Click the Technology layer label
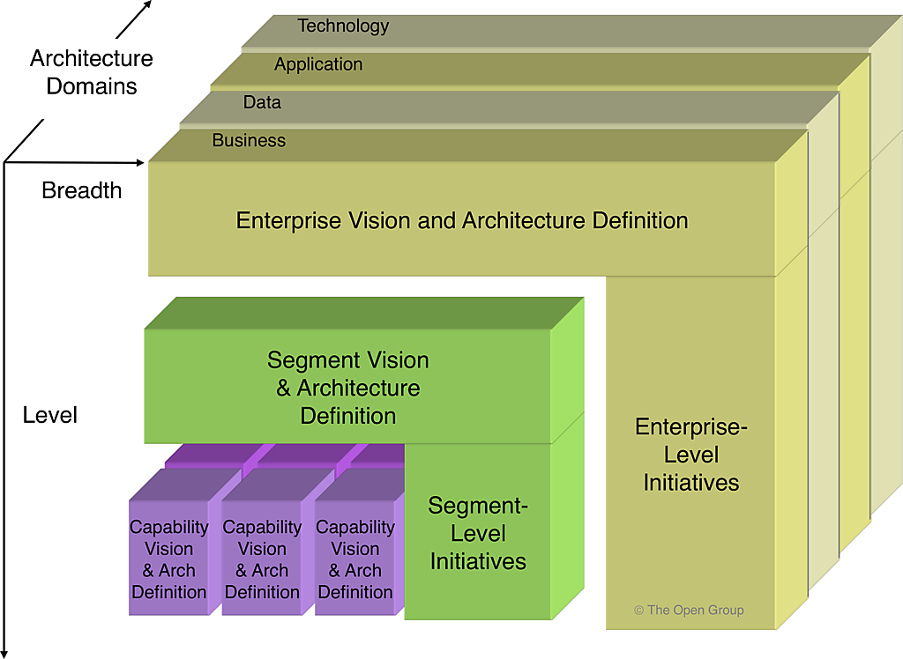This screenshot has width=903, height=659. click(x=343, y=26)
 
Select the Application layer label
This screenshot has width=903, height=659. click(x=318, y=64)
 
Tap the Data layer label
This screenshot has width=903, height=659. click(x=262, y=102)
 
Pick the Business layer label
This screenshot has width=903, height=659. click(x=249, y=140)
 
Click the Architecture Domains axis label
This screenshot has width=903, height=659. click(x=92, y=72)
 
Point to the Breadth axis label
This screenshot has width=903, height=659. click(x=81, y=190)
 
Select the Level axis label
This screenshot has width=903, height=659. click(x=50, y=415)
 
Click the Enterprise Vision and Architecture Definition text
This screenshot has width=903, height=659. click(x=462, y=219)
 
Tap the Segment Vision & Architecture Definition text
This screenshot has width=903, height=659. click(x=348, y=388)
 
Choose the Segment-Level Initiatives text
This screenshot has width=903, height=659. click(x=478, y=533)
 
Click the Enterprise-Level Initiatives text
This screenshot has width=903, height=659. click(x=691, y=455)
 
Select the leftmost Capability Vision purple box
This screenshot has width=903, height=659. click(x=169, y=559)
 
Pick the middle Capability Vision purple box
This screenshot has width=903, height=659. click(x=262, y=559)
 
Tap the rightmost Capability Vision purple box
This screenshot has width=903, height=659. click(x=355, y=559)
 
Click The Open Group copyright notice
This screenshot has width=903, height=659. click(x=689, y=610)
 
